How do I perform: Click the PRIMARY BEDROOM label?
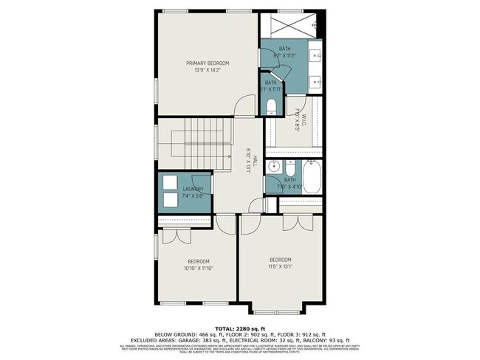208,63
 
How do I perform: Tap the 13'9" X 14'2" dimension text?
208,71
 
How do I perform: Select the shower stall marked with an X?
287,28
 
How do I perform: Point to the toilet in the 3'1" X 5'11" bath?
271,105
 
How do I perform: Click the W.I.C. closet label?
297,115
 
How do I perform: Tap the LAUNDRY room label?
193,190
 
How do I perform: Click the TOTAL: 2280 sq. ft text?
240,328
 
